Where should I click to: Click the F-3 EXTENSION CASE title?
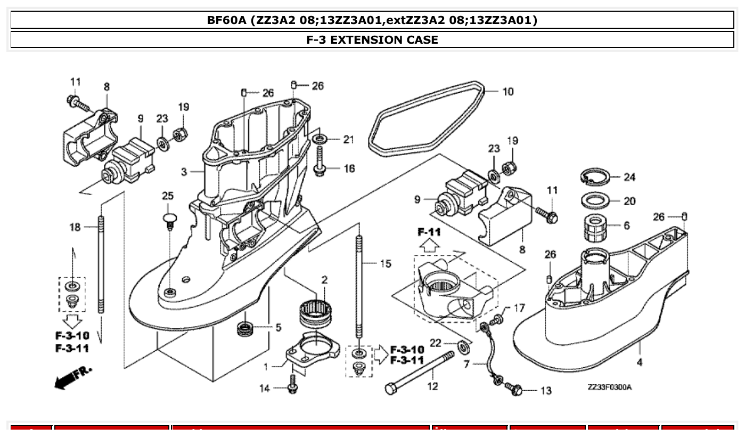[x=372, y=39]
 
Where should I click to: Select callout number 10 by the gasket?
[x=507, y=92]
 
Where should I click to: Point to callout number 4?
[x=639, y=362]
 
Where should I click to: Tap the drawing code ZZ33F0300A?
[x=609, y=387]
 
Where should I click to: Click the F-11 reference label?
[x=429, y=233]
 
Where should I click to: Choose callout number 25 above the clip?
[x=168, y=196]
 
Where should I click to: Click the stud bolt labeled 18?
[x=100, y=267]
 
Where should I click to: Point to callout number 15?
[x=386, y=263]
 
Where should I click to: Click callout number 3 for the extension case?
[x=184, y=172]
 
